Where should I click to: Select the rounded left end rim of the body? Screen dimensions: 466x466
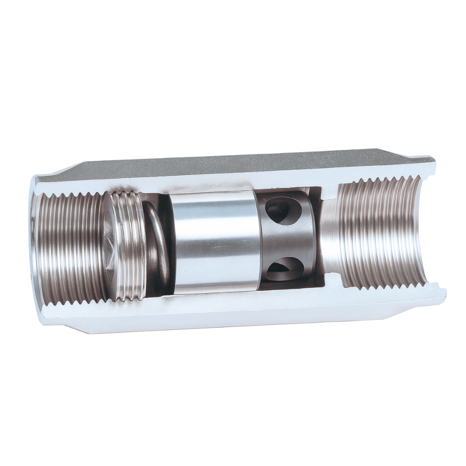pos(33,242)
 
